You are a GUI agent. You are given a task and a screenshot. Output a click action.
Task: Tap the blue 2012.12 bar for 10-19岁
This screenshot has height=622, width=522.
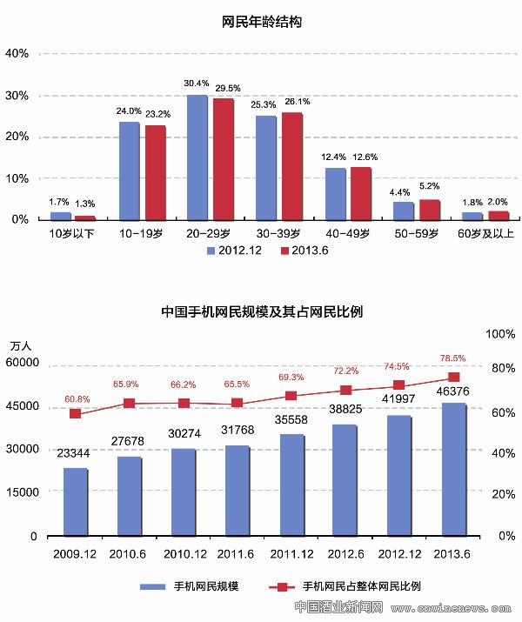click(x=129, y=171)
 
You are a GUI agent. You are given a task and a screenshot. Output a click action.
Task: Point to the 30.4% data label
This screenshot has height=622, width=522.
click(x=196, y=84)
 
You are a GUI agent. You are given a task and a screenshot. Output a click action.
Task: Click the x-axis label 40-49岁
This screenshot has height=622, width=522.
click(x=346, y=234)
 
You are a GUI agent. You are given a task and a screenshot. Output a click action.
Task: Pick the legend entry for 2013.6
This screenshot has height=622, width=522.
click(x=304, y=251)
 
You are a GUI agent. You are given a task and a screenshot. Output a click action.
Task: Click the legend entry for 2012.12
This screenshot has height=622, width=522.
click(x=231, y=251)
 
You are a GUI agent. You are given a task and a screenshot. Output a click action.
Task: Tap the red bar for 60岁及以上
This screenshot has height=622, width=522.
click(x=499, y=215)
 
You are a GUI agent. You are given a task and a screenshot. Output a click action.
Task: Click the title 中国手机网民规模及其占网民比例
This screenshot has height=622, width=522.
click(x=262, y=311)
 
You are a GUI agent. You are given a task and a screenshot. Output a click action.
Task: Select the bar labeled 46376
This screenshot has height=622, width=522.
click(x=452, y=469)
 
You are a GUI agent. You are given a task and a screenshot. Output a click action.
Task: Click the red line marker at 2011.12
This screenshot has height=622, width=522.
click(x=291, y=396)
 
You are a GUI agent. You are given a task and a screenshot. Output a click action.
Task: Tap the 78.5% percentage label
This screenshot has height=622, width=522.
click(x=453, y=358)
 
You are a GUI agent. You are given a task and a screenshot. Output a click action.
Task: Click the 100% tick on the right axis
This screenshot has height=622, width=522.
click(x=501, y=334)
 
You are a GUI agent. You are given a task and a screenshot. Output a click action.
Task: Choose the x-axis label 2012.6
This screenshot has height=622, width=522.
click(x=345, y=552)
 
